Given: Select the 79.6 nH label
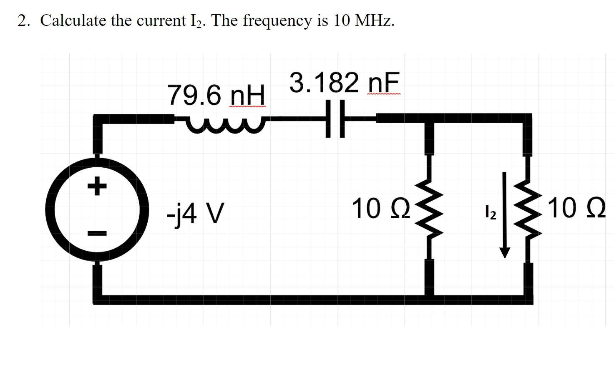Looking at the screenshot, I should click(216, 96).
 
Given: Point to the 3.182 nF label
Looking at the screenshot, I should click(344, 83).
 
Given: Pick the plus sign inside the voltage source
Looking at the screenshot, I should click(97, 186).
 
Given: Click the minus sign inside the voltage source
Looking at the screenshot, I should click(97, 232).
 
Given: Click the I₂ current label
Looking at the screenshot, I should click(490, 212).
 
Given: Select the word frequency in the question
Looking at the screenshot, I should click(277, 20).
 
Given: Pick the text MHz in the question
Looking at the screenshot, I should click(373, 20).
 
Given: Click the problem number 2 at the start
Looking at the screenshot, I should click(23, 20).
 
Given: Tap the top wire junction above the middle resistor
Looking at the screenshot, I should click(430, 118).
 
